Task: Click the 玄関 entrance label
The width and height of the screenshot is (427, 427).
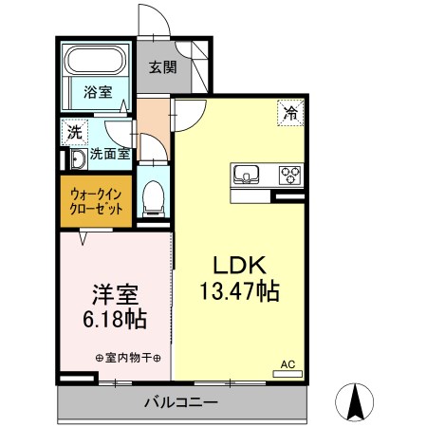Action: click(162, 67)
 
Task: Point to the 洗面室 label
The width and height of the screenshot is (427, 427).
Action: click(110, 154)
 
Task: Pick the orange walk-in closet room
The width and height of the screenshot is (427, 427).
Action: click(95, 200)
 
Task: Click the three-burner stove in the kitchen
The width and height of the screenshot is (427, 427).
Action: click(288, 175)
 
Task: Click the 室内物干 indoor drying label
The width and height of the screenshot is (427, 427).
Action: click(128, 358)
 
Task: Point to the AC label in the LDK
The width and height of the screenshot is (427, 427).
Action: click(287, 363)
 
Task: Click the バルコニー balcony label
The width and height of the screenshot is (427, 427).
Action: click(180, 402)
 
